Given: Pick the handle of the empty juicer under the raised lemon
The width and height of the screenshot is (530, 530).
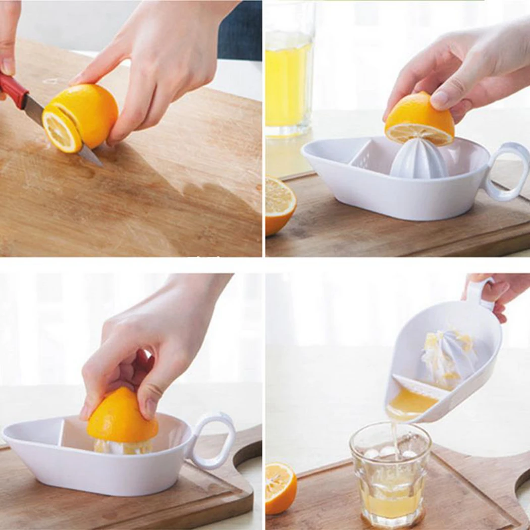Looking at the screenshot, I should click(507, 172).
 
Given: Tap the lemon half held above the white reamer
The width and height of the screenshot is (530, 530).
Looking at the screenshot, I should click(418, 119).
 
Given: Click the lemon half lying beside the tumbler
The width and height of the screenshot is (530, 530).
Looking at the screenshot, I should click(280, 488).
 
